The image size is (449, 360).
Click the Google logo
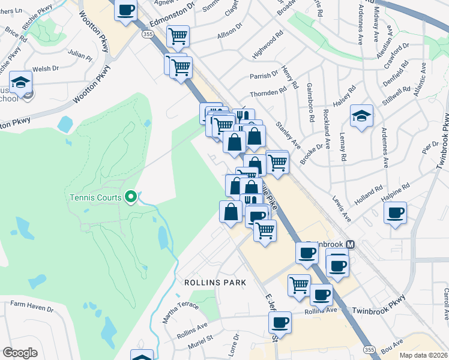20,353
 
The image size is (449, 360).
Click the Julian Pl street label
80,58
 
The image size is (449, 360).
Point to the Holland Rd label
367,194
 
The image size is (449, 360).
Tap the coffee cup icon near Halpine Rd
395,214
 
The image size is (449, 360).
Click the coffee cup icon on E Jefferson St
280,323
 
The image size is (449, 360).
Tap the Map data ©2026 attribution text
423,355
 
